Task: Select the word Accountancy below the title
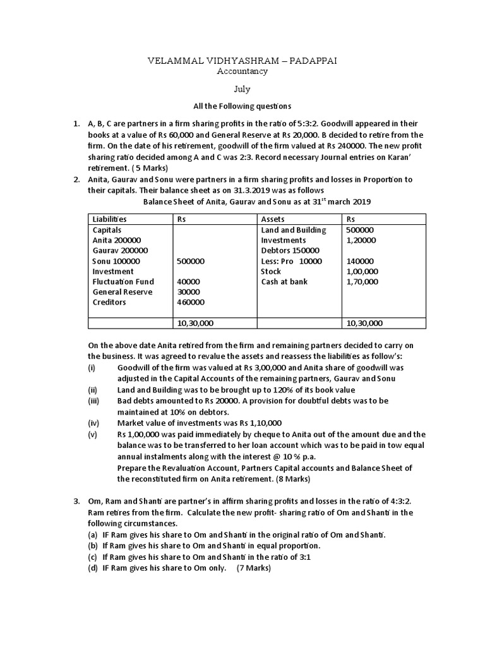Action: [x=242, y=71]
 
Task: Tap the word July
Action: [x=242, y=90]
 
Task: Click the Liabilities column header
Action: [x=109, y=219]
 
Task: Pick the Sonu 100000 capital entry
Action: [x=116, y=261]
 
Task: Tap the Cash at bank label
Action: [x=284, y=282]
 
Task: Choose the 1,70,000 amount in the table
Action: [x=362, y=282]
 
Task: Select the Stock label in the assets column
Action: [x=271, y=272]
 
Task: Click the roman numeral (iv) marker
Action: [x=93, y=423]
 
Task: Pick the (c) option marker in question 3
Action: [x=92, y=557]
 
